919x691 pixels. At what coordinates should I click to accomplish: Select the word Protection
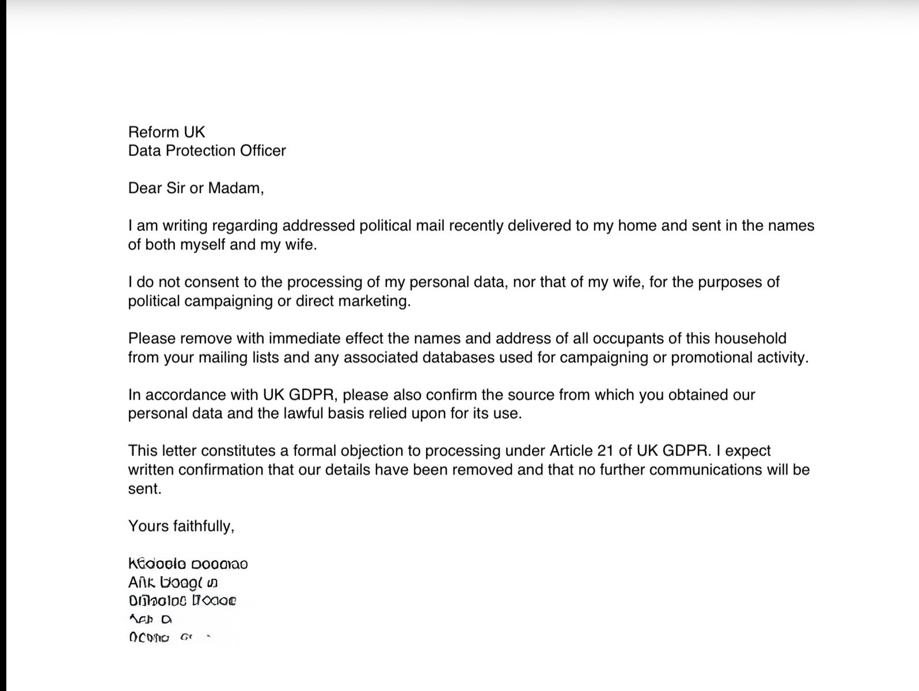click(x=200, y=151)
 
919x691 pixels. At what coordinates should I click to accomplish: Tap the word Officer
click(x=263, y=151)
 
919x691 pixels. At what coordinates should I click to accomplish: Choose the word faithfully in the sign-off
click(x=204, y=526)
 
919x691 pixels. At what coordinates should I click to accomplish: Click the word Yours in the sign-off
click(x=148, y=526)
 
